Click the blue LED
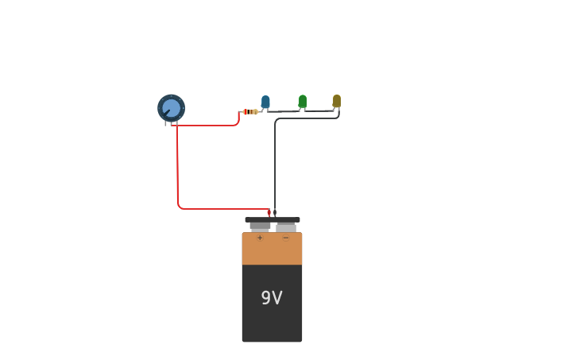265,101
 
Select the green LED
303,100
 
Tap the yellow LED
337,100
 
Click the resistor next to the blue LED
250,111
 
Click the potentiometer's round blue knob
171,107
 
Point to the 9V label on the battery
272,298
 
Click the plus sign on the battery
260,238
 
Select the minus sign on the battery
286,238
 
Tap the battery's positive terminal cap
260,226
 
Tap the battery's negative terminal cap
286,226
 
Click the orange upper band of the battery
272,250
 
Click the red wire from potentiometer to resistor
207,126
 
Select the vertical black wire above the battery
275,167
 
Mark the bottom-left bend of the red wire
180,207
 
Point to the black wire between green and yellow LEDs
319,111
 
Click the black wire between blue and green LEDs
284,111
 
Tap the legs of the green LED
301,110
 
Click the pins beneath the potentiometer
171,123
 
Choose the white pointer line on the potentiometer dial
167,112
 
